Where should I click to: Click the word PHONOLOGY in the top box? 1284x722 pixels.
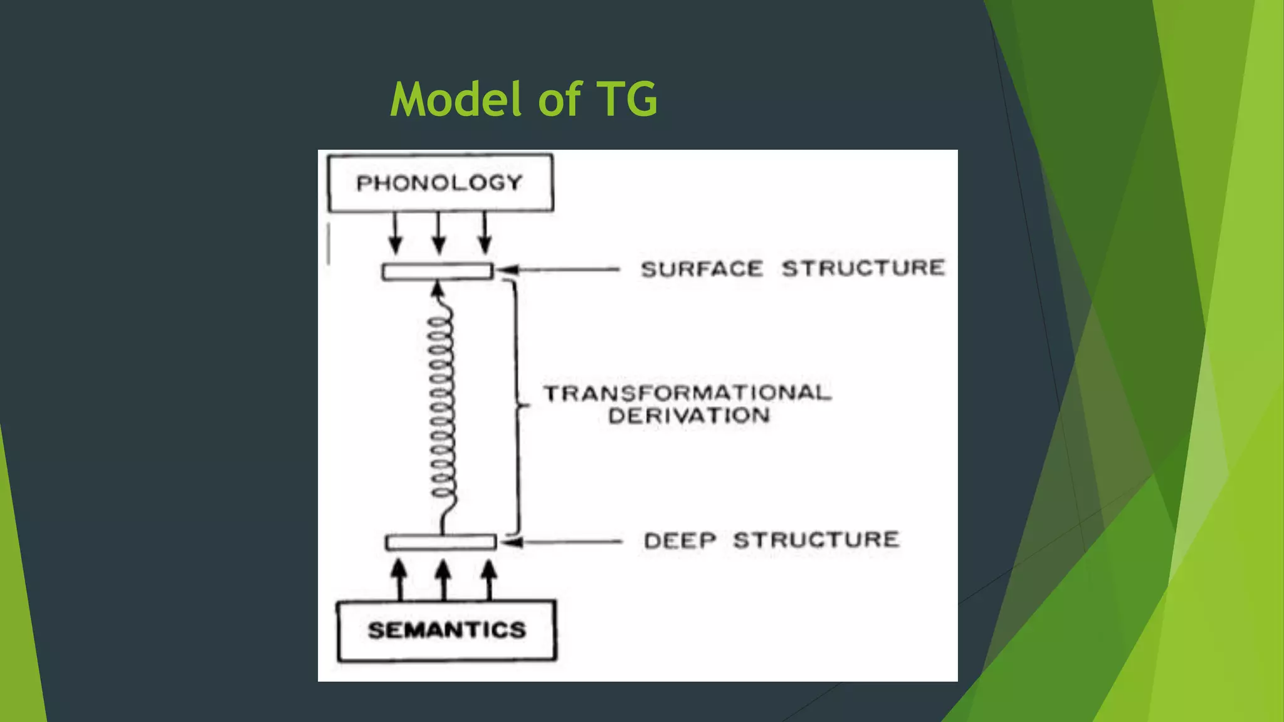(x=439, y=183)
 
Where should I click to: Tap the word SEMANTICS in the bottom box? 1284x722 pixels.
(x=446, y=630)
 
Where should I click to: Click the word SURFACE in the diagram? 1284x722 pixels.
(x=702, y=269)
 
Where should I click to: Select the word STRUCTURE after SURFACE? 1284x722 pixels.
(x=863, y=268)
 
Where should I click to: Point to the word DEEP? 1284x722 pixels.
(x=680, y=540)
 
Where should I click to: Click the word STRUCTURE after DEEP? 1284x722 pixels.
(x=816, y=540)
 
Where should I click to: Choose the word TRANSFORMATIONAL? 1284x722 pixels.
(x=687, y=393)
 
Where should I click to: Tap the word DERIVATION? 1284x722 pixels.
(x=689, y=416)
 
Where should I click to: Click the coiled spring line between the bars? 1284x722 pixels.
(x=441, y=407)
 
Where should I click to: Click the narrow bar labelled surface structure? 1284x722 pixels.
(x=438, y=271)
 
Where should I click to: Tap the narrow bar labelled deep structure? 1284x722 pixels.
(x=441, y=542)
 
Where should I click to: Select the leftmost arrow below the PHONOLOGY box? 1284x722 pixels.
(x=395, y=233)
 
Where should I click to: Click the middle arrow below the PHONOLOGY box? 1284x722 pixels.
(x=439, y=233)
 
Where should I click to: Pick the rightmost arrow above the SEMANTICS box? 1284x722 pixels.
(x=490, y=579)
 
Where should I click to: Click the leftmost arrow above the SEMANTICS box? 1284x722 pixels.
(x=399, y=579)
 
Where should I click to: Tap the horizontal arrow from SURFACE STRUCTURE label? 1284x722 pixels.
(x=558, y=270)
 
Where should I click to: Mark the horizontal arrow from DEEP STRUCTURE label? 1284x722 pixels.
(x=561, y=541)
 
